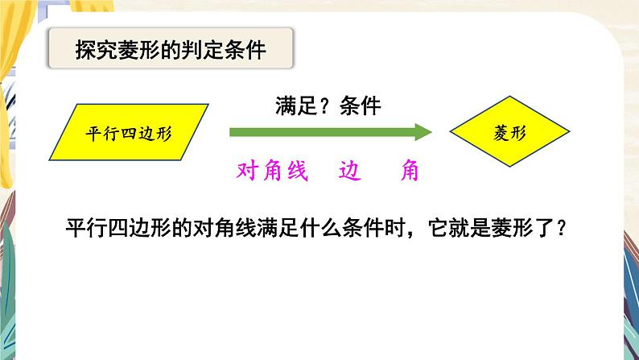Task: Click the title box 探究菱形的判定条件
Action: [171, 48]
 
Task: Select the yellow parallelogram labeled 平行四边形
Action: [129, 132]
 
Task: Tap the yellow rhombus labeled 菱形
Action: [509, 131]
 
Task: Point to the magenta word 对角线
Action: [272, 171]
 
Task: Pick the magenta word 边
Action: [349, 171]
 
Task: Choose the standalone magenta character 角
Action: [410, 171]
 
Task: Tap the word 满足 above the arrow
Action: [296, 106]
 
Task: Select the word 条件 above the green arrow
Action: [361, 106]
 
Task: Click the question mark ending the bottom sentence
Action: [561, 228]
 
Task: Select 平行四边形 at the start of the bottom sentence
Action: [118, 228]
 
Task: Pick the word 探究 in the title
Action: [97, 50]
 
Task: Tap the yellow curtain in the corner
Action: [7, 93]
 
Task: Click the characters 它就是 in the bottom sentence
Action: [460, 228]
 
